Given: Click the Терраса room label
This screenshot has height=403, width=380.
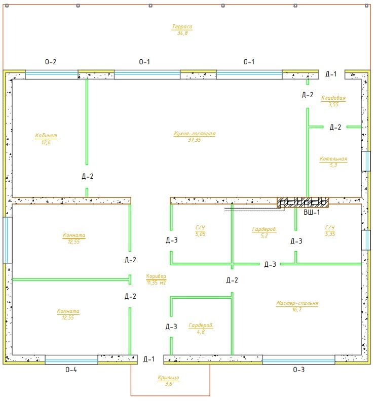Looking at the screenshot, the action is (182, 26).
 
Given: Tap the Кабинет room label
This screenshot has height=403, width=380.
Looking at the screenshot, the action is (46, 136).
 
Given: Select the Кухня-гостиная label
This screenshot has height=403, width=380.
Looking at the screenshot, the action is (195, 134).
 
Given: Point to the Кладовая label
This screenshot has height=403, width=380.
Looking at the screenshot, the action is (333, 98).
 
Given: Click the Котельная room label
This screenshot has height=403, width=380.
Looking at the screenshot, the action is (333, 159).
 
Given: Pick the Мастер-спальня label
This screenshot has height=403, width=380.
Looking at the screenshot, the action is (297, 303).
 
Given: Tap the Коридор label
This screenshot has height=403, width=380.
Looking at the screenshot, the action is (156, 276).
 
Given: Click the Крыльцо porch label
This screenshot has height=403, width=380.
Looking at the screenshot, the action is (168, 378).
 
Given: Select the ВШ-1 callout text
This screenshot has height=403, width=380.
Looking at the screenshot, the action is (312, 212).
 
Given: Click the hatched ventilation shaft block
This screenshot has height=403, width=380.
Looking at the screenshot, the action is (303, 203).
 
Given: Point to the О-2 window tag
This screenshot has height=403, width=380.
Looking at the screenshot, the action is (51, 62).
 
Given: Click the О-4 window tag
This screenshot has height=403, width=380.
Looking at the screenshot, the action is (71, 370).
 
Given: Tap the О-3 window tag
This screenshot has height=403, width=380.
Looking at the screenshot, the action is (299, 370).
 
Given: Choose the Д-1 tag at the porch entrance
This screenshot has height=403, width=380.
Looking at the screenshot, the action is (149, 359).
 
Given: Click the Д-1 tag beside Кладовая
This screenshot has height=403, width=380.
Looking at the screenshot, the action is (331, 74).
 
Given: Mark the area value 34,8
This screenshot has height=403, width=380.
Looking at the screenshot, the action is (182, 33).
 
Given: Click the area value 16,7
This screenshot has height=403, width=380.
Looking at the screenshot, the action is (297, 310).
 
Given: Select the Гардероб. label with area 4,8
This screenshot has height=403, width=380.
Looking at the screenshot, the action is (201, 326).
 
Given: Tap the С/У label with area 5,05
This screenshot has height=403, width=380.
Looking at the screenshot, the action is (200, 227).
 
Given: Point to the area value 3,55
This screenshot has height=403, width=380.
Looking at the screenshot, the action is (333, 104).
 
